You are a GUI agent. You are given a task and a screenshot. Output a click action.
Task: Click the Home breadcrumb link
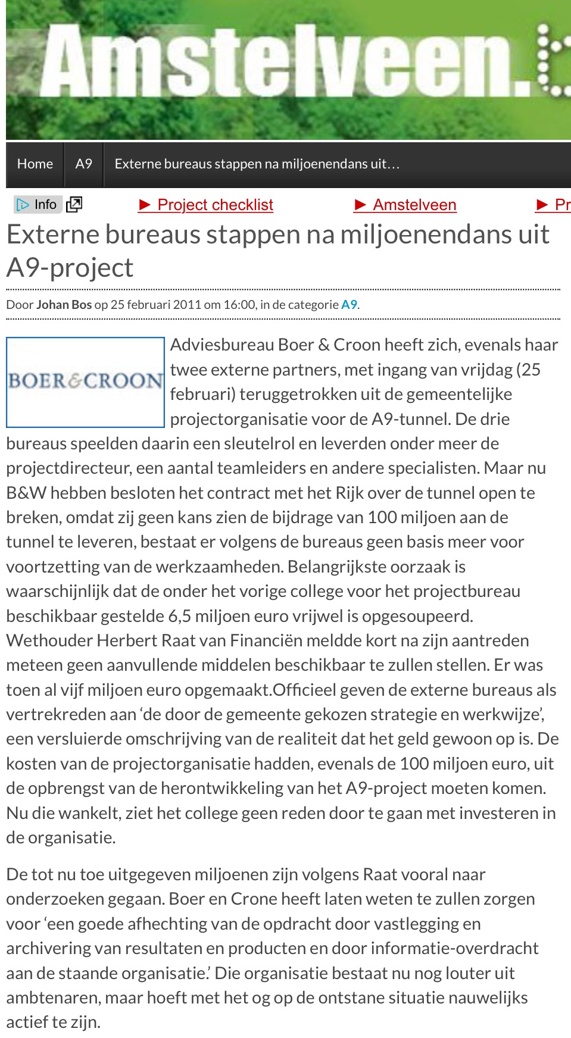click(x=35, y=164)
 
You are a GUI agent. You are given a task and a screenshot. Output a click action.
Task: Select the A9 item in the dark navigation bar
click(x=84, y=164)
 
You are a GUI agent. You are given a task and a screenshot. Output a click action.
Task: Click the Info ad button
click(x=38, y=205)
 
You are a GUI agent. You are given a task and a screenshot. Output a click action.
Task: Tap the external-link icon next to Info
click(x=74, y=205)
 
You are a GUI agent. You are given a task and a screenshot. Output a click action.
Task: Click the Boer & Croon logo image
click(x=85, y=382)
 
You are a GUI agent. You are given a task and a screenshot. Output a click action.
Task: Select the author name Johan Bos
click(x=64, y=305)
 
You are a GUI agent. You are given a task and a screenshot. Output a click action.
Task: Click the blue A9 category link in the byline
click(x=349, y=305)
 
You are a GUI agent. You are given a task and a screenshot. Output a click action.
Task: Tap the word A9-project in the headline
click(x=70, y=267)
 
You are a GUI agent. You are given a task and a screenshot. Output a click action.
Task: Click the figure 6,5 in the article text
click(x=180, y=616)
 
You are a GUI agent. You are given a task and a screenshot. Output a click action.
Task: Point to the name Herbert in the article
click(x=123, y=640)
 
